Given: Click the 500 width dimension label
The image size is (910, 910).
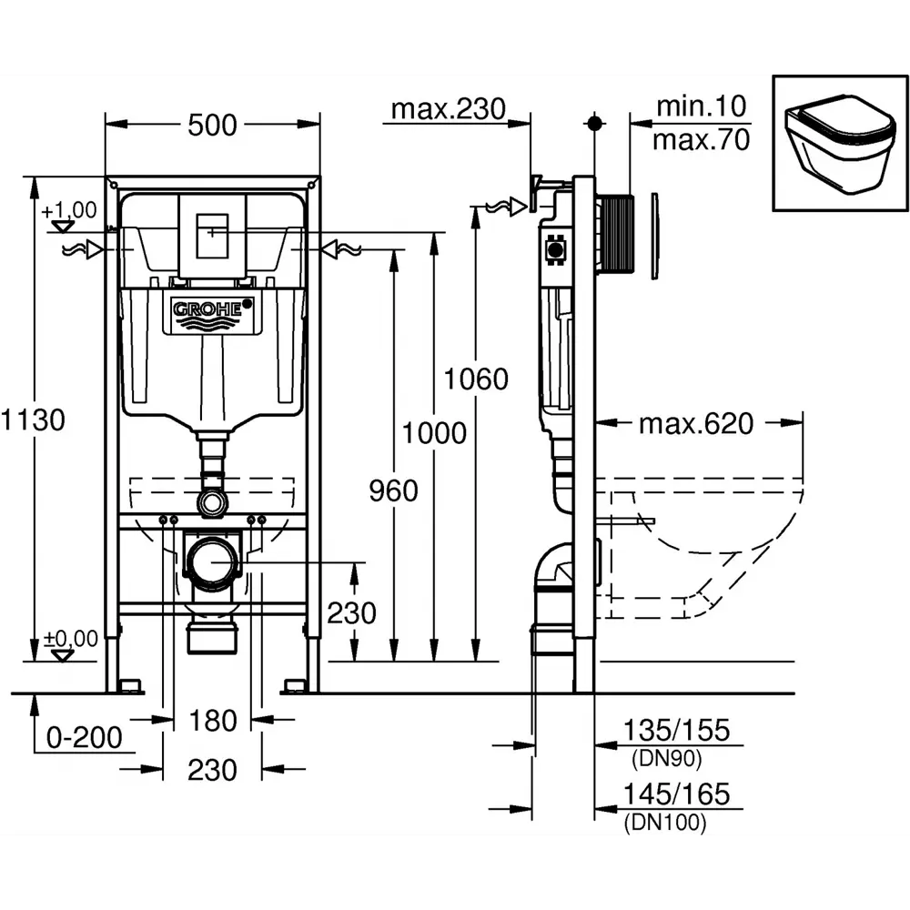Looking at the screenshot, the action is [212, 126].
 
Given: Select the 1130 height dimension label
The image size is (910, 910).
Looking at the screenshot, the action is [33, 419].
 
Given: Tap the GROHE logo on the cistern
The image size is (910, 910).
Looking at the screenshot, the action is [213, 309].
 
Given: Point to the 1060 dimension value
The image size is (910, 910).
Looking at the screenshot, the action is [476, 379].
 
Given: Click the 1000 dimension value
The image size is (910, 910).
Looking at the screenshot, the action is [434, 433].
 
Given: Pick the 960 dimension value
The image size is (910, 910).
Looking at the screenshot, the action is [393, 491].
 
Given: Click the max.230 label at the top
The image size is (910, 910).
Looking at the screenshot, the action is [448, 109].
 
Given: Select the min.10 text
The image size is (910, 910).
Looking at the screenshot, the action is [701, 106].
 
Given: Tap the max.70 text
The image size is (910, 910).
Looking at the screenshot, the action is [701, 140].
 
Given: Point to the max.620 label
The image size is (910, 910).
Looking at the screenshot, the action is [696, 424].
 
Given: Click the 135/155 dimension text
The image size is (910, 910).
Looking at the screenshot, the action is [676, 730].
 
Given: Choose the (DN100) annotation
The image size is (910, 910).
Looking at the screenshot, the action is [665, 823].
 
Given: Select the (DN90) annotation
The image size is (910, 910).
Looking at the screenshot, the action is [667, 759].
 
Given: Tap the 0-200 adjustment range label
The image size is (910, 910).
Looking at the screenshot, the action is [84, 738].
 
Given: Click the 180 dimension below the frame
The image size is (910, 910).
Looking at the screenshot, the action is [213, 721].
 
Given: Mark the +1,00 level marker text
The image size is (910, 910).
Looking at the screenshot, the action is [68, 209].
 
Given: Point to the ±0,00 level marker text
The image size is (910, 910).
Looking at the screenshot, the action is [71, 639].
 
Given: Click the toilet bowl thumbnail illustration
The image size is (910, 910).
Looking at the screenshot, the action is [839, 143].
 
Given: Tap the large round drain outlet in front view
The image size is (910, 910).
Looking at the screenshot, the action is [212, 561].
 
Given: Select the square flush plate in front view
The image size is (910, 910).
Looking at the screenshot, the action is [213, 236].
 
